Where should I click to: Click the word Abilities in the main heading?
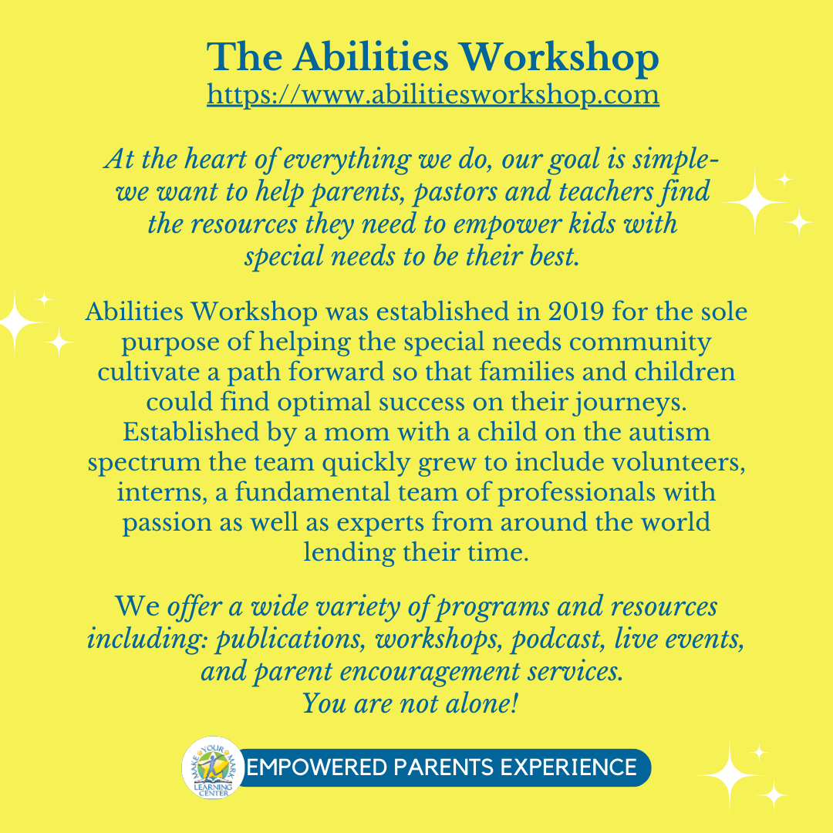[370, 56]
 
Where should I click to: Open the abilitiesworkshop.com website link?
[433, 95]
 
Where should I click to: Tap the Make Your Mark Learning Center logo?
[213, 767]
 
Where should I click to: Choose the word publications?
[290, 639]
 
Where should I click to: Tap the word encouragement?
[430, 673]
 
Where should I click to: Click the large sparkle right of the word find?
[754, 202]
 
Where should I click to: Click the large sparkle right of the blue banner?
[730, 776]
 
